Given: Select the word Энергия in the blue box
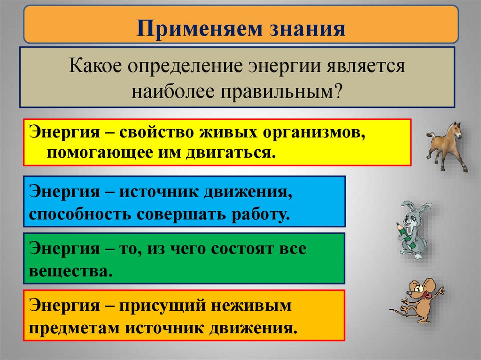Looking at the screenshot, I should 61,192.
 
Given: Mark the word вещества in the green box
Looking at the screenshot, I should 70,271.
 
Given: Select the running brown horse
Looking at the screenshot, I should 447,146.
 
